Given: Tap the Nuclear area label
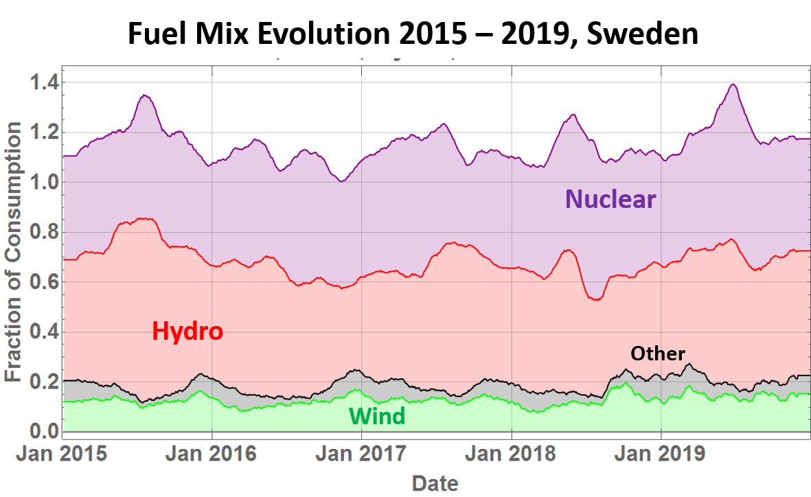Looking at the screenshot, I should tap(610, 200).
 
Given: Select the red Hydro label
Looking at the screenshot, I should tap(187, 332).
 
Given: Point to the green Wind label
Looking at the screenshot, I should tap(377, 416).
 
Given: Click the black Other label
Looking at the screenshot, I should tap(658, 354).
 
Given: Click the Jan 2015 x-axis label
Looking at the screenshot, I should tap(62, 454).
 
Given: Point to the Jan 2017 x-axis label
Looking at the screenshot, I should tap(362, 454).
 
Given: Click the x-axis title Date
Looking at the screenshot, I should tap(435, 483).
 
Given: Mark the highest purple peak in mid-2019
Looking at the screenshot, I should tap(733, 84).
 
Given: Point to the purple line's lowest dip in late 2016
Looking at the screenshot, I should tap(341, 181).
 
